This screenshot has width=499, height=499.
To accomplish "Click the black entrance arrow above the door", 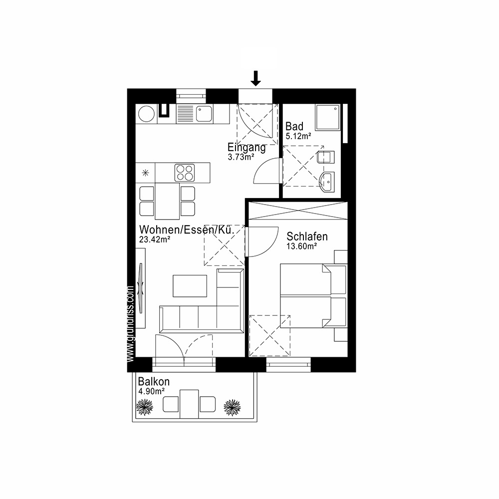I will tap(255, 78).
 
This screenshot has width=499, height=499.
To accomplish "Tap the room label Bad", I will tap(294, 127).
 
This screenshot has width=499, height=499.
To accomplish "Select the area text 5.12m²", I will tap(298, 135).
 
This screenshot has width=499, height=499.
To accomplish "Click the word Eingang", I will tap(247, 148).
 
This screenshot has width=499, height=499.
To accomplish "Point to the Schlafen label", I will tap(307, 237).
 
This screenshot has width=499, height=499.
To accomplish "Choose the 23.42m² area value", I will tap(155, 239).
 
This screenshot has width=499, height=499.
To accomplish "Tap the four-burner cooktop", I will tap(184, 173).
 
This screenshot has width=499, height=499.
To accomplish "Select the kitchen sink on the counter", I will tap(205, 114).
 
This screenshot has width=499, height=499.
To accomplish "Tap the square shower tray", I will tap(327, 117).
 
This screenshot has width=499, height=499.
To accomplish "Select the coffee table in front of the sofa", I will tap(190, 285).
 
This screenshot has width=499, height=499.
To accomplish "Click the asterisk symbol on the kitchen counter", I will tap(146, 173).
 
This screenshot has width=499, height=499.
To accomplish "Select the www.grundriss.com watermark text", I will tap(131, 323).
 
